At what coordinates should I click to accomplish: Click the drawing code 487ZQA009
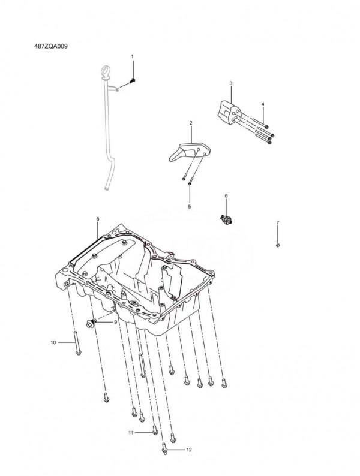coord(51,46)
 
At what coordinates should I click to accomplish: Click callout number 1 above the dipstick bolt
coord(133,56)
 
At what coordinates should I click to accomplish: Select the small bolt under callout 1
coord(133,80)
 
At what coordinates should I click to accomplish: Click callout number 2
coord(191,123)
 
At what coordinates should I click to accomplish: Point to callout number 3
coord(231,83)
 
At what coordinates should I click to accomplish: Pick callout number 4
coord(263,104)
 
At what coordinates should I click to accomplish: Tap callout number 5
coord(189,207)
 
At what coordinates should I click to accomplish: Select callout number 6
coord(226,196)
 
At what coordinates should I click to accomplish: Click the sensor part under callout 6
coord(226,220)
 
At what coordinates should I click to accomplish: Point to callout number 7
coord(278,222)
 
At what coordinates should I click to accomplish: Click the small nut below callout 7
coord(278,245)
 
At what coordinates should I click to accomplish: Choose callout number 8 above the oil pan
coord(98,219)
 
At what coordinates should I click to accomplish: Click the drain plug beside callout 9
coord(91,324)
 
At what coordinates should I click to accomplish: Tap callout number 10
coord(53,342)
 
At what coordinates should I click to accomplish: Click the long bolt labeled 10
coord(77,343)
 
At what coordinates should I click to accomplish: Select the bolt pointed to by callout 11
coord(155,430)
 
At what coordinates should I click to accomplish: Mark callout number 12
coord(189,450)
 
